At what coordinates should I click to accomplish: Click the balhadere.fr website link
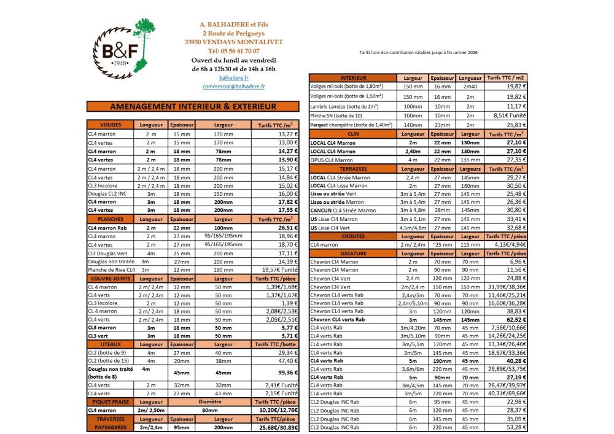coord(234,78)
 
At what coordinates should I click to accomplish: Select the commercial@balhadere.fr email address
coord(234,87)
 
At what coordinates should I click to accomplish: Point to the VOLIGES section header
coord(111,125)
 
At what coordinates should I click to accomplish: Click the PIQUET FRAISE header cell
coord(111,402)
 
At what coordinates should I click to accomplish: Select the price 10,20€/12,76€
coord(277,410)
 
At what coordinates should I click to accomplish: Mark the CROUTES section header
coord(352,236)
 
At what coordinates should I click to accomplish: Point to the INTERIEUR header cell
coord(352,79)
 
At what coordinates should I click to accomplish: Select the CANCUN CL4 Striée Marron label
coord(343,210)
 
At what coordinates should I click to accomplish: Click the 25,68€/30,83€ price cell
coord(277,427)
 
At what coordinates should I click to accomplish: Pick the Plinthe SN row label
coord(336,115)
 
